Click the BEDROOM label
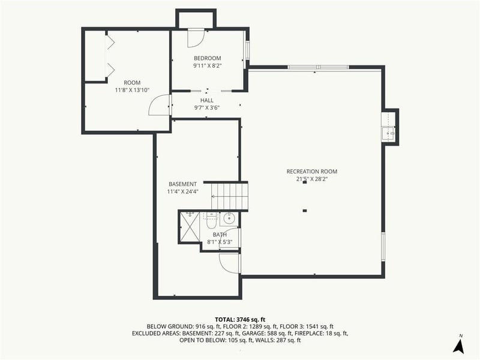(x=207, y=58)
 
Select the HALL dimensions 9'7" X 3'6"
(x=207, y=108)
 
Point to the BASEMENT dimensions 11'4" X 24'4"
(x=182, y=192)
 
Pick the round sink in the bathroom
(x=229, y=219)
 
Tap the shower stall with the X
(x=191, y=227)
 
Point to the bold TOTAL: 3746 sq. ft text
(x=239, y=319)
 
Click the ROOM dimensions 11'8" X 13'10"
(x=131, y=90)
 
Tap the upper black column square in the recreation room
(x=305, y=183)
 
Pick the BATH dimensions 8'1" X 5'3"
(x=220, y=242)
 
